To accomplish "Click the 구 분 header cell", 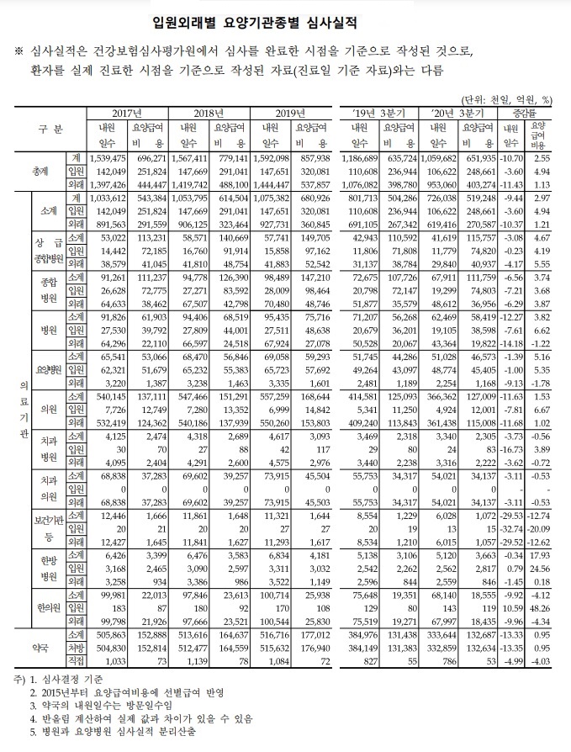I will click(50, 131).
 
